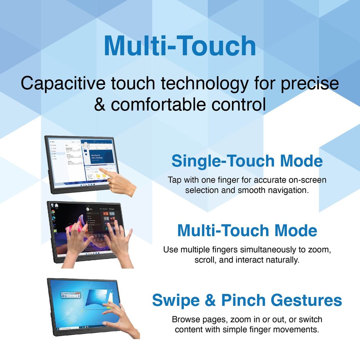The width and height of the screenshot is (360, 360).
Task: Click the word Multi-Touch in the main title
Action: click(180, 46)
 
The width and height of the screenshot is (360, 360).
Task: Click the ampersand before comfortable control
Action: click(100, 105)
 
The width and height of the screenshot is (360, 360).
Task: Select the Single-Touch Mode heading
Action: click(247, 161)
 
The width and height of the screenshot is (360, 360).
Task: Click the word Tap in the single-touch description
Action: click(174, 180)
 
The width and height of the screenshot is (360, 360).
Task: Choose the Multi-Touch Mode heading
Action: click(247, 231)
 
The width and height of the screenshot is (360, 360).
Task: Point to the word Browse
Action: click(186, 319)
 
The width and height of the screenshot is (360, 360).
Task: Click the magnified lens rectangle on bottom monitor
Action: click(97, 299)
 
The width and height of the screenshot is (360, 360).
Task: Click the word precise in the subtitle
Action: click(310, 84)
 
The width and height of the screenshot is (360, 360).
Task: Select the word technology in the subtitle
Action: click(204, 84)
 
